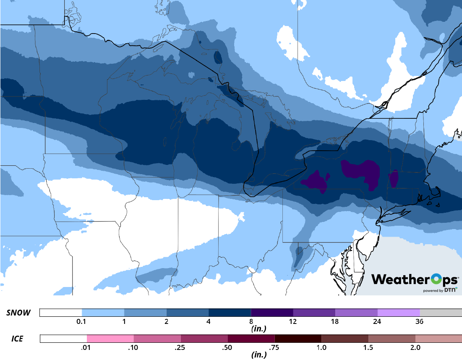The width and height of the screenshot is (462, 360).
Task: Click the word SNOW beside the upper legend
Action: [18, 313]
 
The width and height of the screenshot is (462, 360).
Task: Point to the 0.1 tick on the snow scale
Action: [81, 322]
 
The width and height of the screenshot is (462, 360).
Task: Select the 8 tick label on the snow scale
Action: [251, 322]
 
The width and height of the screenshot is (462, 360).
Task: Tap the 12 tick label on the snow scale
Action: [293, 322]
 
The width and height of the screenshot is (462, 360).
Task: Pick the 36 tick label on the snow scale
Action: [419, 322]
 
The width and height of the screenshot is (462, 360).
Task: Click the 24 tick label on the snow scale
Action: [377, 322]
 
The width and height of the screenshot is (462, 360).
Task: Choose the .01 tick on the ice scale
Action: [87, 347]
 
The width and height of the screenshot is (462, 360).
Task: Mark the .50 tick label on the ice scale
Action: [228, 347]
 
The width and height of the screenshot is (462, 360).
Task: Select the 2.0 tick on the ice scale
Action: [415, 347]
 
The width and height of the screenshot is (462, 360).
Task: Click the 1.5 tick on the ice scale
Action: [368, 347]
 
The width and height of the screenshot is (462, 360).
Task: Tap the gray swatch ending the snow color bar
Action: [441, 313]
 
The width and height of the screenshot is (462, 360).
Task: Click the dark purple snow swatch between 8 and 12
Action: [272, 313]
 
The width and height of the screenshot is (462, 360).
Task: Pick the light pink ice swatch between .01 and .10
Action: [110, 338]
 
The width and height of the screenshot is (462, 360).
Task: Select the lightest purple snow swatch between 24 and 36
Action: [399, 313]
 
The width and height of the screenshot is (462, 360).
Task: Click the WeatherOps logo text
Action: [413, 279]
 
